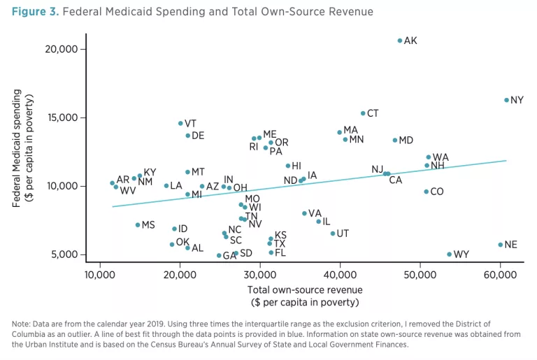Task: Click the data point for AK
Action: pyautogui.click(x=400, y=41)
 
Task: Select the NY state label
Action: pyautogui.click(x=517, y=101)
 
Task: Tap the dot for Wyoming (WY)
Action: pyautogui.click(x=450, y=254)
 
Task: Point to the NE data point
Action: pyautogui.click(x=501, y=245)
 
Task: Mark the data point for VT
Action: pyautogui.click(x=180, y=123)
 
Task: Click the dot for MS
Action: pyautogui.click(x=138, y=225)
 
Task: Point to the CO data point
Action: pyautogui.click(x=426, y=192)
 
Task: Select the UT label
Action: pyautogui.click(x=343, y=233)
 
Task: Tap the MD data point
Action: pyautogui.click(x=395, y=141)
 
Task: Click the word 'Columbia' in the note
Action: pyautogui.click(x=30, y=334)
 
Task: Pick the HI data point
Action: pyautogui.click(x=288, y=166)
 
